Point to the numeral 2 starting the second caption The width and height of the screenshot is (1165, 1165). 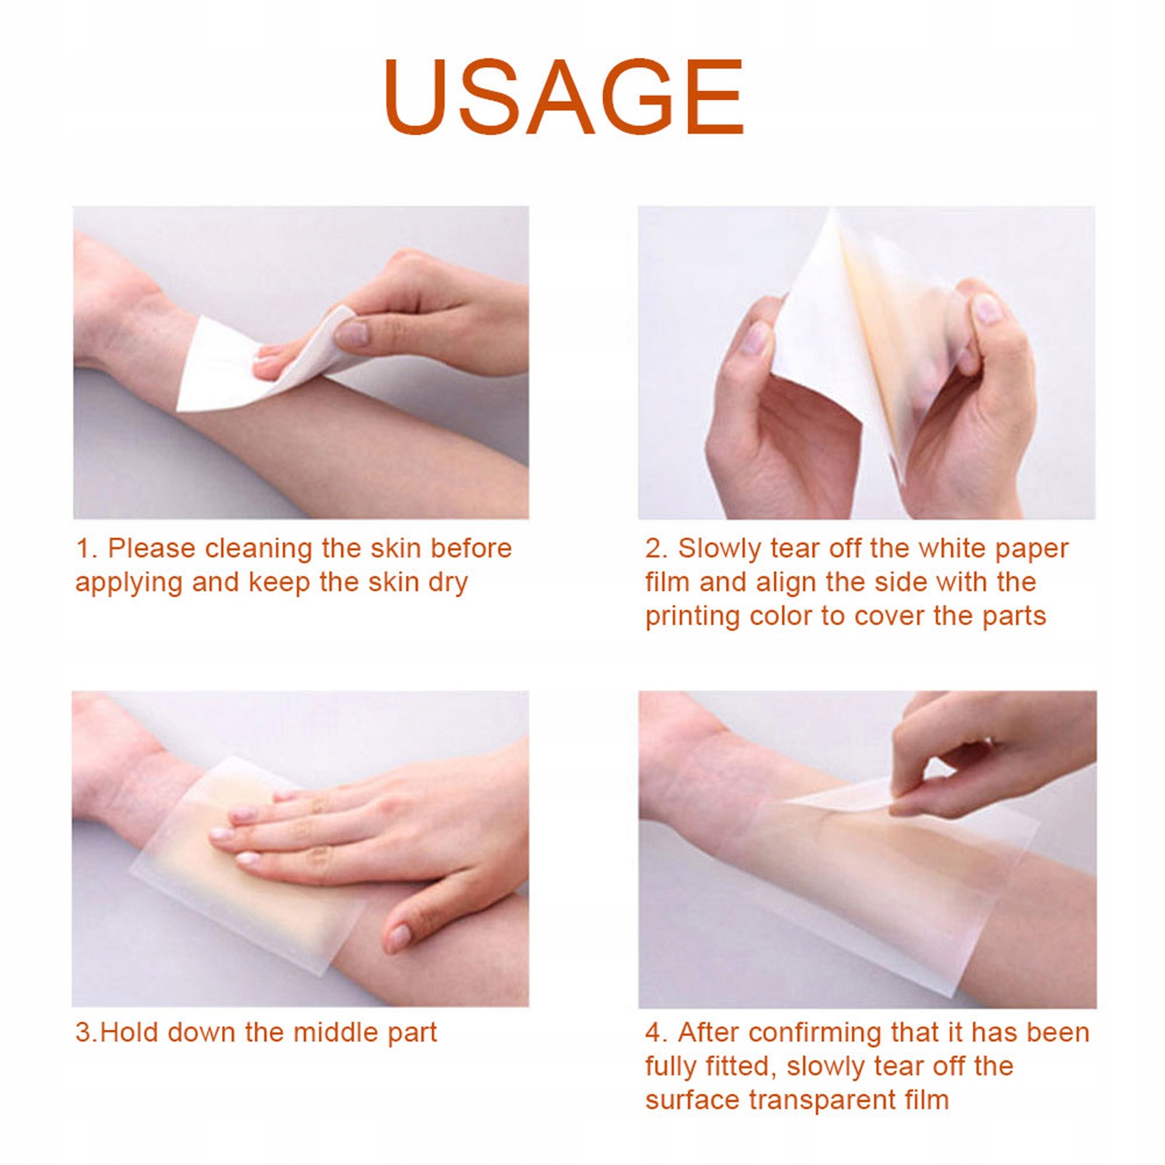pos(654,549)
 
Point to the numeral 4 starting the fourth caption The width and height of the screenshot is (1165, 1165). pos(654,1033)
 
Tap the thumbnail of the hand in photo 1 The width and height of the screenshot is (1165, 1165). pos(351,333)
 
